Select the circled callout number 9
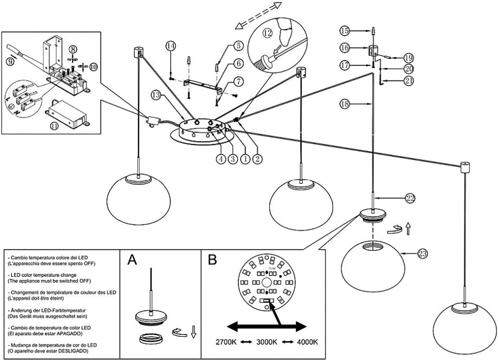pos(9,62)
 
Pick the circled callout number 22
pos(410,198)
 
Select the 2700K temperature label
pos(225,342)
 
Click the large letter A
pos(132,261)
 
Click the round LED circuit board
pos(265,281)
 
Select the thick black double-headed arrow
pos(266,326)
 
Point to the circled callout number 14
pos(171,46)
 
